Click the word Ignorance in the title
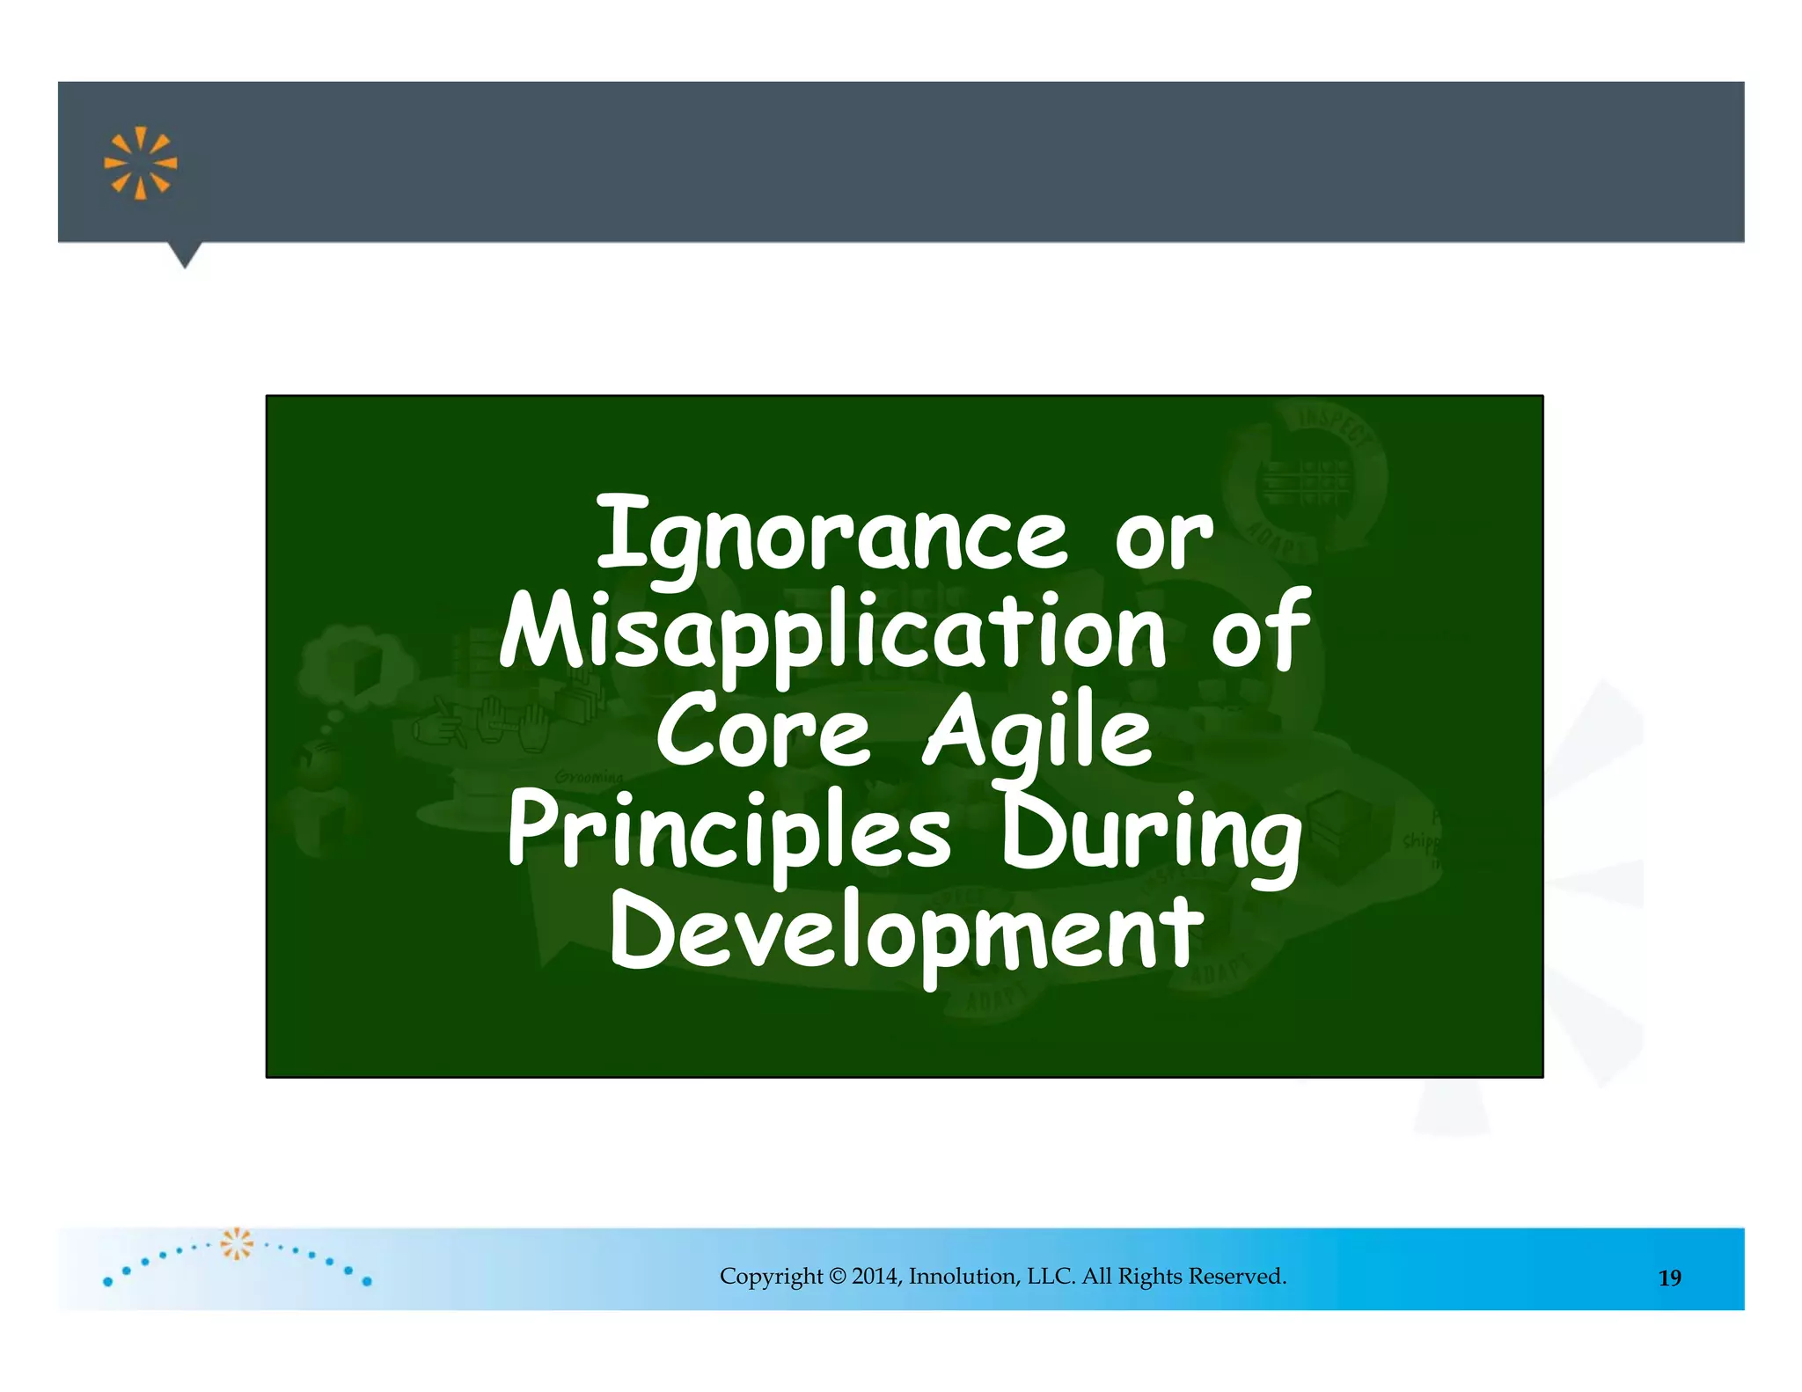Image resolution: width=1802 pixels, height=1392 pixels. click(x=831, y=535)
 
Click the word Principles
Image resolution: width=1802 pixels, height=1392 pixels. click(x=729, y=832)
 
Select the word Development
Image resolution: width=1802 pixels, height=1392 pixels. click(x=906, y=933)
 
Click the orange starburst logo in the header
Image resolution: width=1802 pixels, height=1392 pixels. click(x=140, y=164)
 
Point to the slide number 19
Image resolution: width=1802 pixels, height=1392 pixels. click(x=1669, y=1278)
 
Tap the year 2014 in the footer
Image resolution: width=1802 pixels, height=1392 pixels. click(x=875, y=1276)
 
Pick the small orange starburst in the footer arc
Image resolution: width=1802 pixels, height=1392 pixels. click(x=236, y=1243)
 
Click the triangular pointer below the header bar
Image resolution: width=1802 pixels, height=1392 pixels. click(x=185, y=255)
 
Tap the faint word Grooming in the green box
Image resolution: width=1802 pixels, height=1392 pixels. click(x=589, y=777)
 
